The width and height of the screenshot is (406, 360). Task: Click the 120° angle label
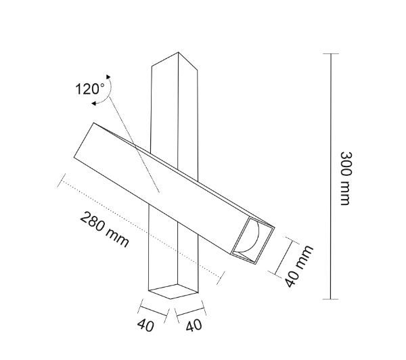click(90, 89)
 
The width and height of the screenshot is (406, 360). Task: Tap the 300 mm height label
click(346, 179)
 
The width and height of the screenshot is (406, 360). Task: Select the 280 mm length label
click(105, 229)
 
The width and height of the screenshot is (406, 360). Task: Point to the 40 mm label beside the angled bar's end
click(299, 266)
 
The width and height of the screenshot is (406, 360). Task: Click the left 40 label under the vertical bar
click(145, 325)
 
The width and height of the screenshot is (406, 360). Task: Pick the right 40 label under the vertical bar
click(194, 325)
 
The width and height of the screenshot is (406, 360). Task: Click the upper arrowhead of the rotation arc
click(108, 76)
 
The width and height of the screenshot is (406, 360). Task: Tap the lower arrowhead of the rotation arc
click(94, 104)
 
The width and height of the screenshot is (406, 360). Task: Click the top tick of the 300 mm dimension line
click(331, 53)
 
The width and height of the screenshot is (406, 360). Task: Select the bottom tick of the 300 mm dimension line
click(331, 299)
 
